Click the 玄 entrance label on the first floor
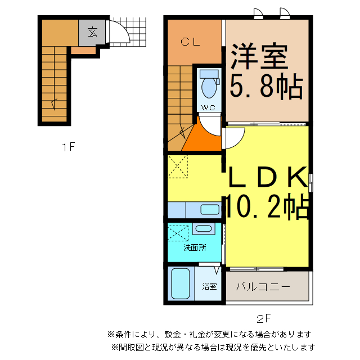click(92, 32)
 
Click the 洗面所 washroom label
click(194, 247)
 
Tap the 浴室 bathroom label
click(210, 286)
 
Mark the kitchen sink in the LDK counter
click(210, 210)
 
